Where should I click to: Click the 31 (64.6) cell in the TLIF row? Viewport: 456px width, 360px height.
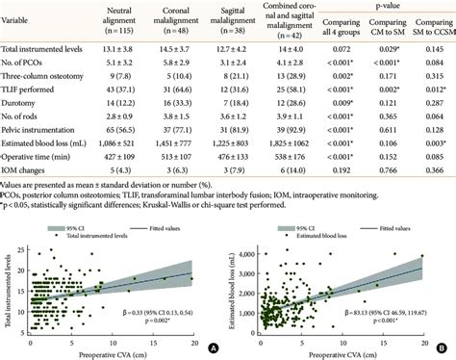point(184,88)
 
